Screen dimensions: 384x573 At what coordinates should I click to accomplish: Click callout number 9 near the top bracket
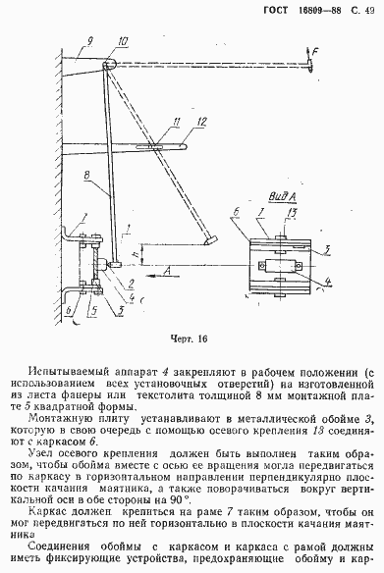[88, 41]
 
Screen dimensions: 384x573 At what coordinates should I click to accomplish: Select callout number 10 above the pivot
[121, 41]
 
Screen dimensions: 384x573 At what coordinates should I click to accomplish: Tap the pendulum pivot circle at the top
[110, 63]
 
